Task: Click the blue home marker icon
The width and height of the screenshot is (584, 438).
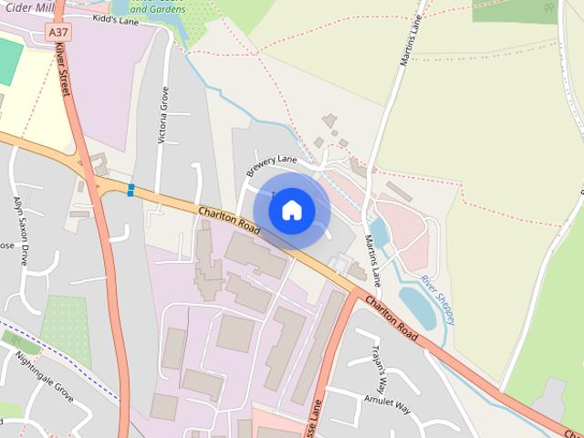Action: (291, 210)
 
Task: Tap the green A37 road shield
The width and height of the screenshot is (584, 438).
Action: (58, 32)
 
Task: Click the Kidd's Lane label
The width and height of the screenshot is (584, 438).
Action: (116, 19)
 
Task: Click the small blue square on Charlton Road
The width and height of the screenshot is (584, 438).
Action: (131, 190)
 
